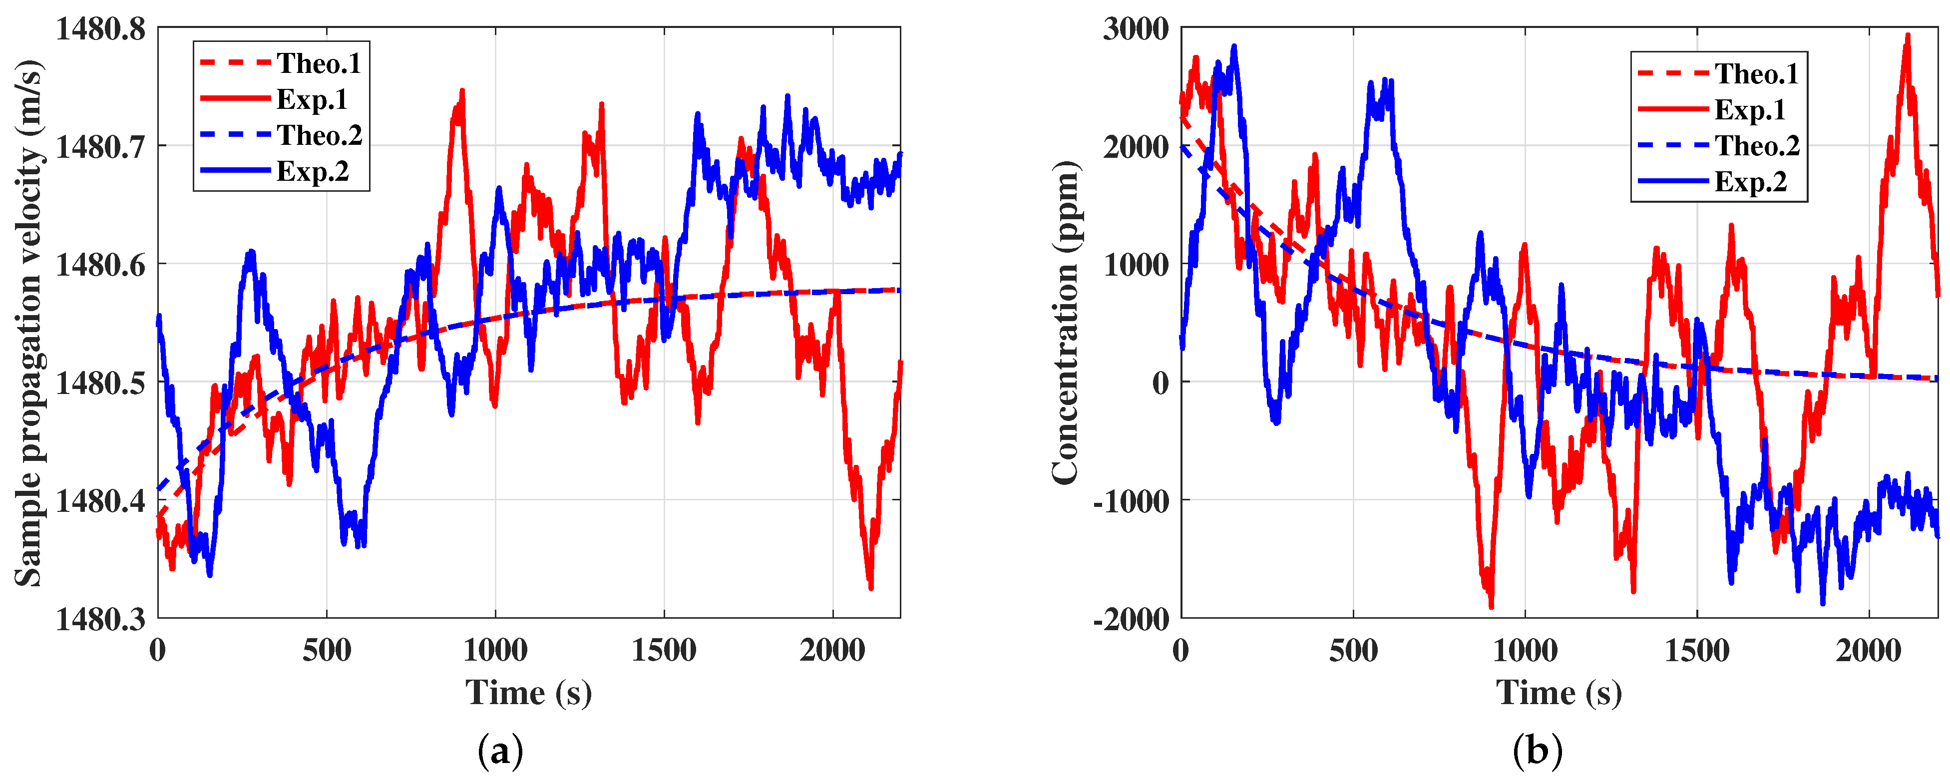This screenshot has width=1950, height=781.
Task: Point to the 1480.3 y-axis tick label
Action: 101,619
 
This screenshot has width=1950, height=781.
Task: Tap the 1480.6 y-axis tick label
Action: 101,265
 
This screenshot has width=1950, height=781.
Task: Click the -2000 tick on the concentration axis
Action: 1131,619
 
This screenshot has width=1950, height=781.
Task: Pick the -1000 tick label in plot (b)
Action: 1131,501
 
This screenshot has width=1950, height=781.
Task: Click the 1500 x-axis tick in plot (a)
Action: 664,650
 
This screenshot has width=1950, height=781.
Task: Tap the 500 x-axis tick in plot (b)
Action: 1353,650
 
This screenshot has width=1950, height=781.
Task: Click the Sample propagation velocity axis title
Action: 29,323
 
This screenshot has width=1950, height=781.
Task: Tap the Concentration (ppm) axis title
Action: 1065,323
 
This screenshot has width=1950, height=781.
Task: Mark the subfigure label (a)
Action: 500,752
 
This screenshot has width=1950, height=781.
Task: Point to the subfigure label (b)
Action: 1538,752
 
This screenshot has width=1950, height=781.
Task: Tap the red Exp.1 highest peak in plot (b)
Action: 1908,35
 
